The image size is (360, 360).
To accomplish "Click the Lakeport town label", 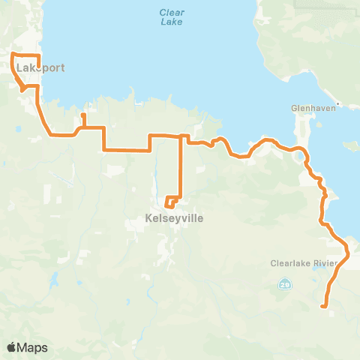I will pyautogui.click(x=40, y=67).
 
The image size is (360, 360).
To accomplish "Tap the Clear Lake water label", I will pyautogui.click(x=172, y=16).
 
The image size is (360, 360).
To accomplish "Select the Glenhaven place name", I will pyautogui.click(x=309, y=108).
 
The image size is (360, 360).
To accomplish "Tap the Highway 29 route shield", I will pyautogui.click(x=284, y=284).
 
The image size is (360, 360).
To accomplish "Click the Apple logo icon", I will pyautogui.click(x=12, y=347).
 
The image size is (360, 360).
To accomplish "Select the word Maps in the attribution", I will pyautogui.click(x=34, y=347).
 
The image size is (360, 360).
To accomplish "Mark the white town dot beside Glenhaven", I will pyautogui.click(x=339, y=103).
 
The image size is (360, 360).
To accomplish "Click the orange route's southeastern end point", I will pyautogui.click(x=322, y=306).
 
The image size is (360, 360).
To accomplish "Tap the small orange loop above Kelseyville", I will pyautogui.click(x=172, y=202).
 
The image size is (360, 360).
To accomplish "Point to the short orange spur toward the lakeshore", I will pyautogui.click(x=83, y=118).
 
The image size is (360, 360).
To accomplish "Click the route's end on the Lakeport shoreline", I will pyautogui.click(x=38, y=67).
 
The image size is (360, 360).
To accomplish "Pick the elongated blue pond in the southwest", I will pyautogui.click(x=54, y=283).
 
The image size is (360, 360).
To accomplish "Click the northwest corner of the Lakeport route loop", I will pyautogui.click(x=12, y=55).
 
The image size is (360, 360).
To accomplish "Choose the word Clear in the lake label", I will pyautogui.click(x=172, y=11).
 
